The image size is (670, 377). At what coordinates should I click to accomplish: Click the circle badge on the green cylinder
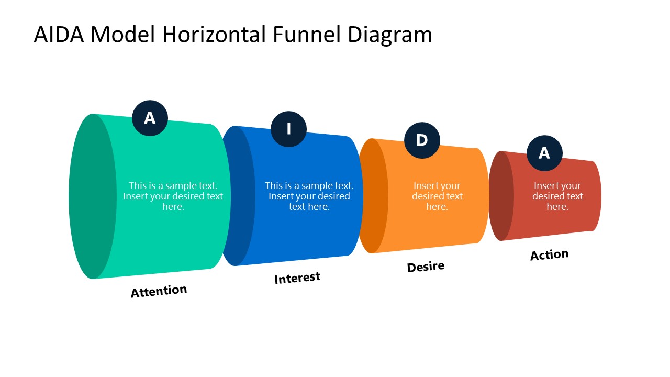click(x=150, y=118)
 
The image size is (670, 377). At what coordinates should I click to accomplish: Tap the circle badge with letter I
click(x=288, y=129)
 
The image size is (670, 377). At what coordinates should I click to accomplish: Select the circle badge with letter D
click(x=422, y=140)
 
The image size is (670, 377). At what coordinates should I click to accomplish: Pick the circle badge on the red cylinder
click(x=544, y=153)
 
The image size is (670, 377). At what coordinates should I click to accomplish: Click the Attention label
click(x=159, y=291)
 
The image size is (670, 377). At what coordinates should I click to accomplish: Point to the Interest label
click(x=297, y=278)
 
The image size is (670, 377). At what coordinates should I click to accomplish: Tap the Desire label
click(x=426, y=267)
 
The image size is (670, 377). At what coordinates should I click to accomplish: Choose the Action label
click(x=549, y=255)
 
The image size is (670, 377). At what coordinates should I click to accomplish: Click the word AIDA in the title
click(x=59, y=35)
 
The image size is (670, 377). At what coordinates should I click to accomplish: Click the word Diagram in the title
click(x=389, y=35)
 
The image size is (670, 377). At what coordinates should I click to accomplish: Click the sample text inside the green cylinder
click(x=173, y=196)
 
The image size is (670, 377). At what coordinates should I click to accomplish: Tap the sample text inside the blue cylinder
click(x=309, y=196)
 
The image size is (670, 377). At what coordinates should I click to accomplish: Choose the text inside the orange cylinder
click(x=437, y=196)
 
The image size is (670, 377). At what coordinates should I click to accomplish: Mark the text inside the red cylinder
click(x=557, y=196)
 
